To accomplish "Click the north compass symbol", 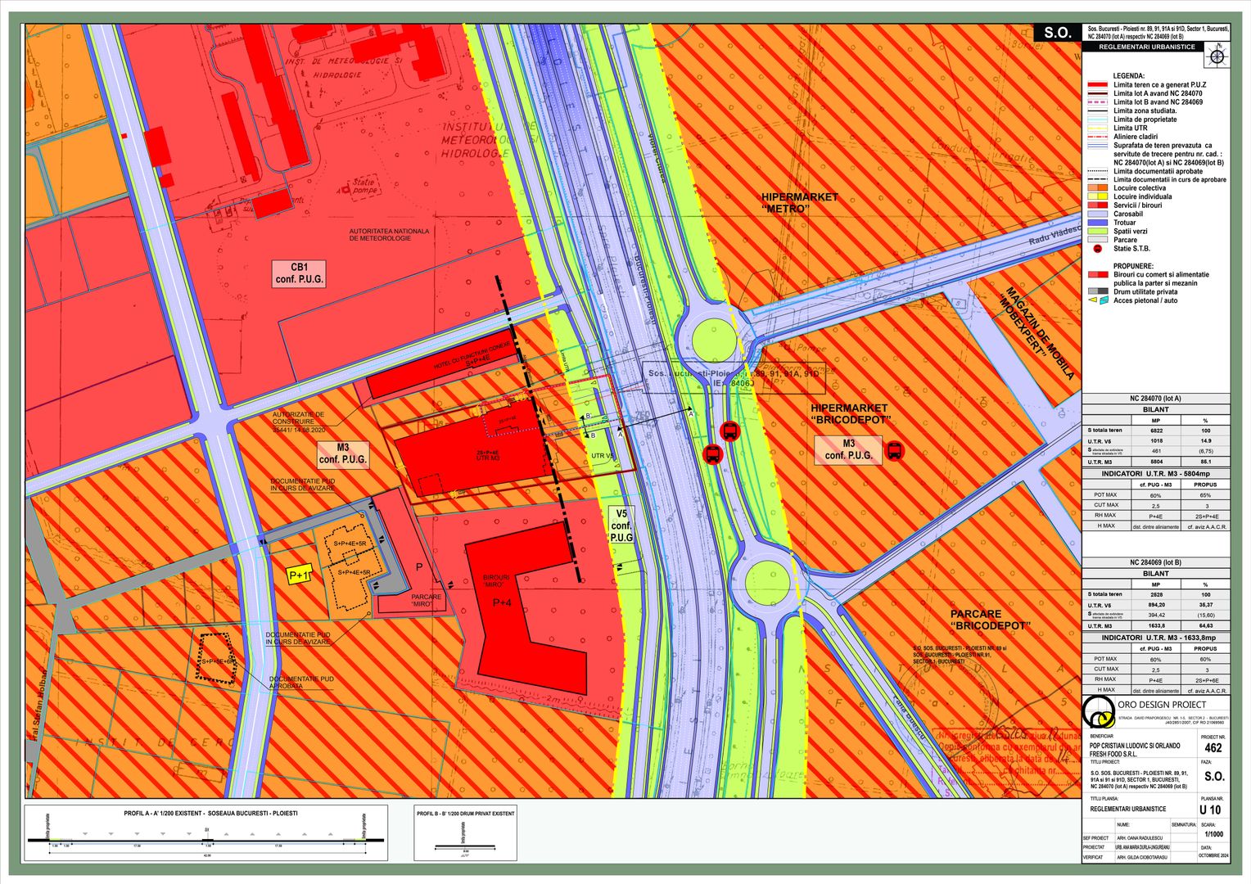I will (1217, 56).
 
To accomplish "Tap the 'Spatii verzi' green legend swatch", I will (1097, 232).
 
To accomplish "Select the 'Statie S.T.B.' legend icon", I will (1097, 249).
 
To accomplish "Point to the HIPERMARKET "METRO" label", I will (799, 203).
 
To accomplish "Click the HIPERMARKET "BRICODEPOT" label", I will (849, 414).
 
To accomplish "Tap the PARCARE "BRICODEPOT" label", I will (990, 620).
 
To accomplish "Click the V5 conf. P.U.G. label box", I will (621, 525).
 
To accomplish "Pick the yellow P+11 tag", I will (300, 576).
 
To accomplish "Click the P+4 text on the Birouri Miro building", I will (501, 603).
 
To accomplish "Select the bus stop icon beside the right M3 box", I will (894, 450).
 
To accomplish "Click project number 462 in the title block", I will (1213, 748).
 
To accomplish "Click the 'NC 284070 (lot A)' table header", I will (1155, 399).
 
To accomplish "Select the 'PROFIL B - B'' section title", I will (466, 814).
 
